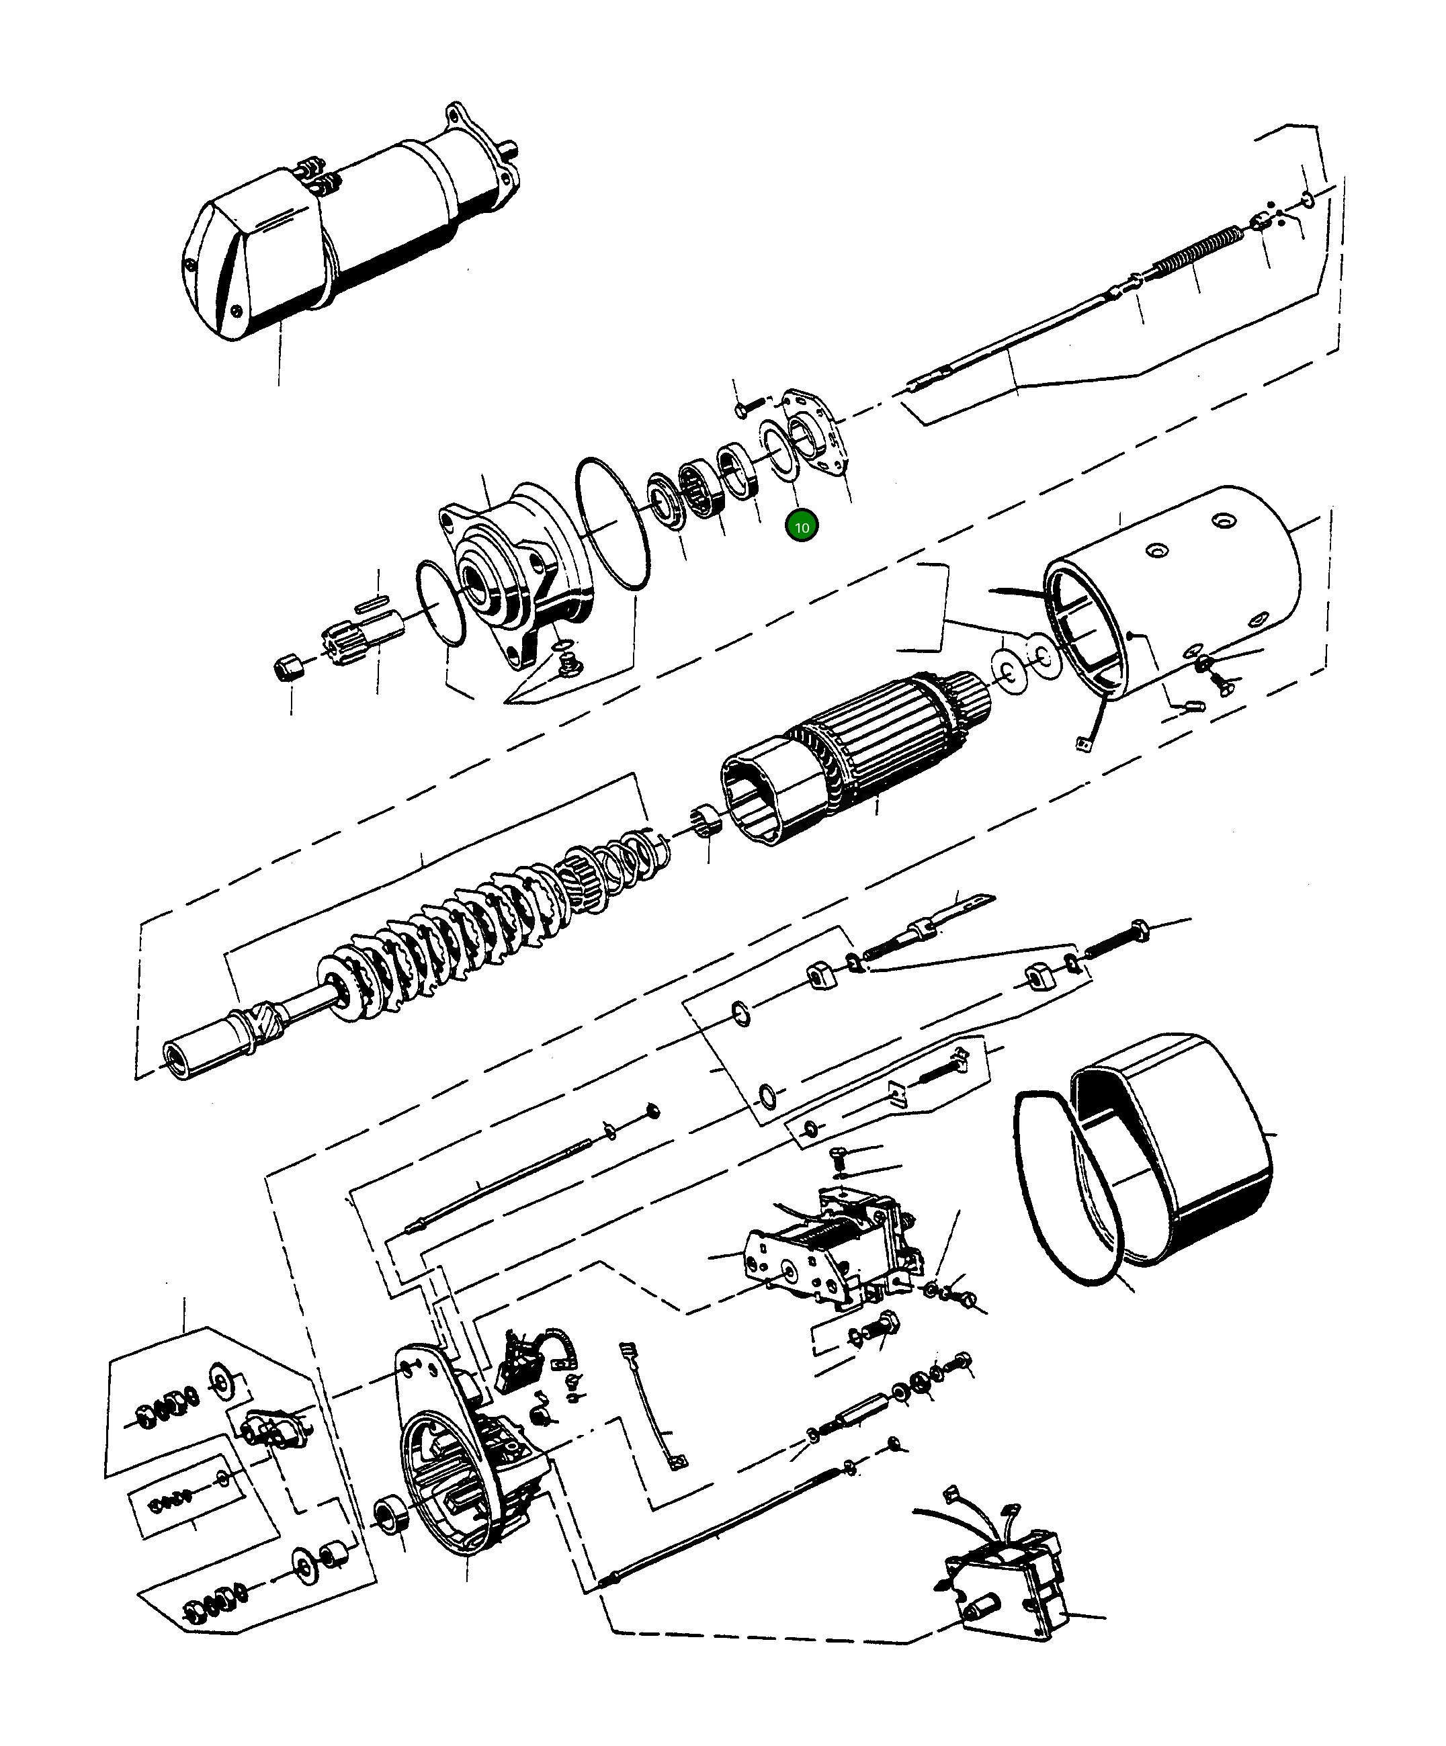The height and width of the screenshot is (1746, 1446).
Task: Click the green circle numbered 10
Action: [802, 527]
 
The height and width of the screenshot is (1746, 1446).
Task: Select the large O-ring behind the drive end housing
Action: [613, 524]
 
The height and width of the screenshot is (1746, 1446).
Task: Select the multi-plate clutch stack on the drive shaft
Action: [466, 931]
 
